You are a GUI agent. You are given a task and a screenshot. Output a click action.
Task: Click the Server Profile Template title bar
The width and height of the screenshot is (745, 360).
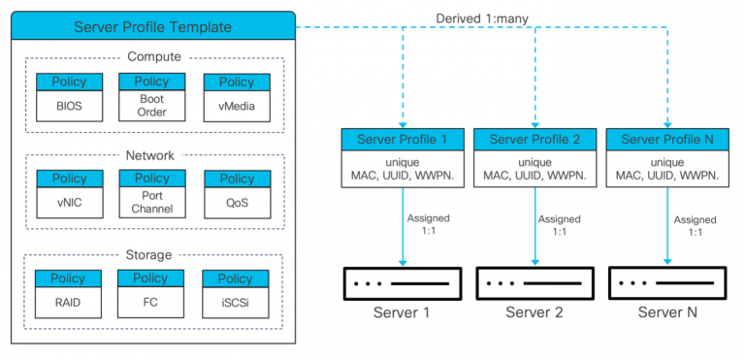tap(151, 26)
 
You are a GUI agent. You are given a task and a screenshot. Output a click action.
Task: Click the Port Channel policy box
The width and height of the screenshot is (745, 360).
tap(152, 193)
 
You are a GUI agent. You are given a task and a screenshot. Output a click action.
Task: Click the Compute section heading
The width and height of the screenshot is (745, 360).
tap(152, 58)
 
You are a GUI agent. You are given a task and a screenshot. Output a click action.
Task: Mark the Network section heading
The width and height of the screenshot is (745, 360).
tap(152, 155)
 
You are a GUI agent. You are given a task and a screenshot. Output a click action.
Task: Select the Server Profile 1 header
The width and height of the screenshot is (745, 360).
tap(403, 140)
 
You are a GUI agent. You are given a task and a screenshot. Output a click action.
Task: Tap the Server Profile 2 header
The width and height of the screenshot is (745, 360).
tap(534, 140)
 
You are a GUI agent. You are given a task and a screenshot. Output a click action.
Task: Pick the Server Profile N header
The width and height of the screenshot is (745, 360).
tap(667, 140)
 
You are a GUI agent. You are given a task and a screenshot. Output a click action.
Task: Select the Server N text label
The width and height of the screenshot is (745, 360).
tap(667, 312)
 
